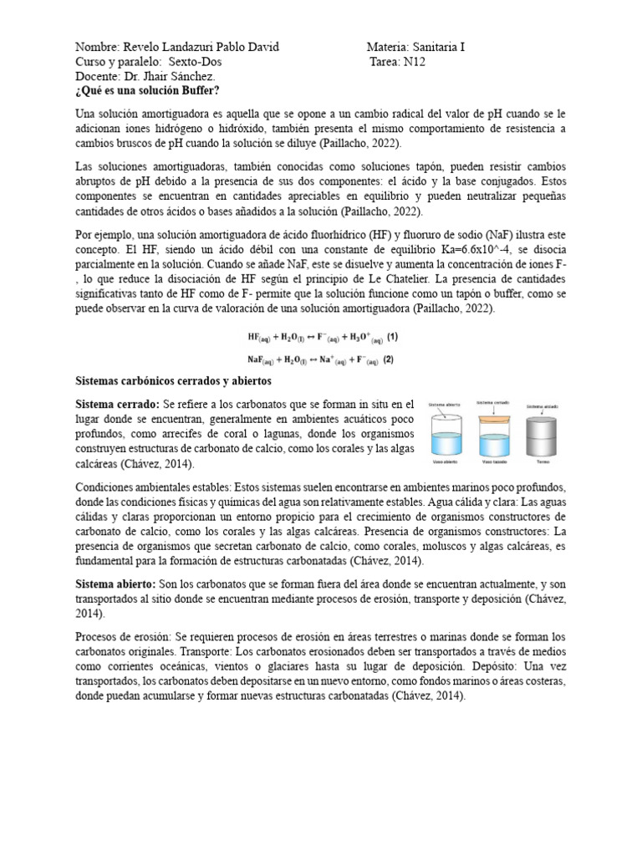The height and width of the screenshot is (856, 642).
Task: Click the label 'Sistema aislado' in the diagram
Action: coord(541,406)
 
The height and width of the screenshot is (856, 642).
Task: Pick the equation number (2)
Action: coord(389,360)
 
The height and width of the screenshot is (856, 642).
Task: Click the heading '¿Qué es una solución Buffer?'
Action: coord(148,90)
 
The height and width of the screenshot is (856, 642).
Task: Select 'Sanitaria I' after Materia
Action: coord(434,47)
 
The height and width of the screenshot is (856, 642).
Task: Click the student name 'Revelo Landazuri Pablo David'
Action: coord(201,47)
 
